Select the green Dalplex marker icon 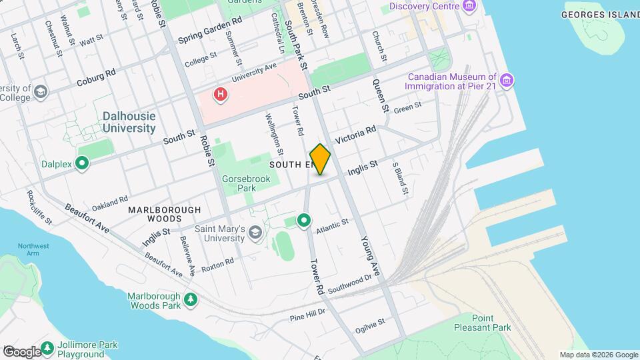point(82,163)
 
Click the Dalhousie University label point(129,121)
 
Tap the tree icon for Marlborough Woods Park point(191,300)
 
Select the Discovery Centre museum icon point(471,7)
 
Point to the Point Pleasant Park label point(491,323)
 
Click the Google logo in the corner point(22,351)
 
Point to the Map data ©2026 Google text point(598,355)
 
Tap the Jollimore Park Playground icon point(47,348)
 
